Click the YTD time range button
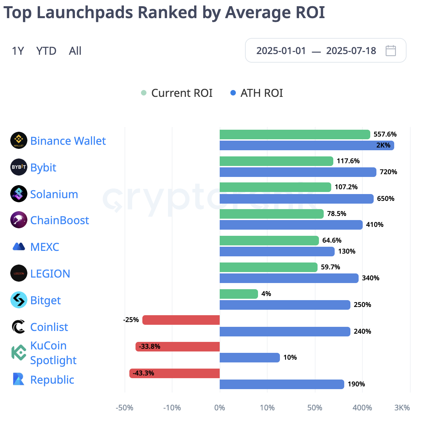[x=46, y=51]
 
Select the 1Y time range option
[x=18, y=51]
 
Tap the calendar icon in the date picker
[x=390, y=51]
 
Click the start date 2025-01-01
[x=281, y=51]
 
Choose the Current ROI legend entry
[x=177, y=93]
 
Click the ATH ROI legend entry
[x=257, y=93]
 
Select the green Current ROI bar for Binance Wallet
[x=295, y=134]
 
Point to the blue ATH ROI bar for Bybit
[x=298, y=172]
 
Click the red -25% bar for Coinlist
[x=181, y=320]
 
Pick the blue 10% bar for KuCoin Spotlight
[x=249, y=358]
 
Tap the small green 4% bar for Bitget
[x=239, y=294]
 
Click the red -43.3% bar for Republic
[x=175, y=373]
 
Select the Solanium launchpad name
[x=54, y=194]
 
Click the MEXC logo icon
[x=19, y=247]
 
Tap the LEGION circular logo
[x=19, y=273]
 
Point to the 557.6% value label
[x=385, y=134]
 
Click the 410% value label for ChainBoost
[x=375, y=225]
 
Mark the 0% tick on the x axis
[x=219, y=408]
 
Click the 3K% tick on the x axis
[x=402, y=408]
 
